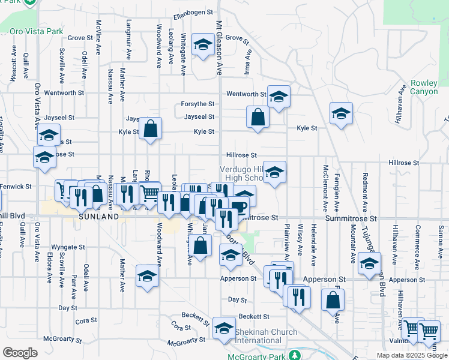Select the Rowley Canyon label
[x=424, y=88]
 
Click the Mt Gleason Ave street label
[x=219, y=44]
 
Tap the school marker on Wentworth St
[x=279, y=97]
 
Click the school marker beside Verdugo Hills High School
[x=274, y=172]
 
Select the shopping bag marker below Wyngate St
[x=202, y=244]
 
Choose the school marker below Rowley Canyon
[x=341, y=113]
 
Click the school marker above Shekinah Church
[x=224, y=328]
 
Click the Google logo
[x=20, y=353]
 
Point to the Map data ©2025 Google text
[x=411, y=355]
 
